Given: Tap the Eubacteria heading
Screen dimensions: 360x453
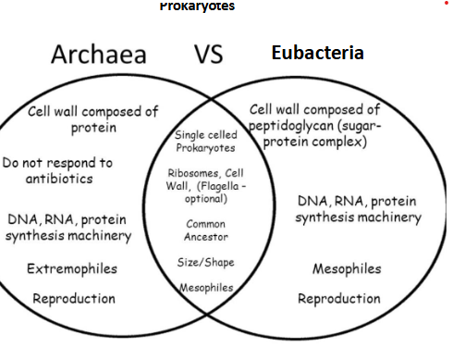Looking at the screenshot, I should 317,53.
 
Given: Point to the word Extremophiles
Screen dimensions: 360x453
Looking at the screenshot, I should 71,268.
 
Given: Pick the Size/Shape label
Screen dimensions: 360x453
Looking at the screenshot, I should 205,262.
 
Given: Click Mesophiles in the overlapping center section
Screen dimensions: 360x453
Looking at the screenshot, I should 205,287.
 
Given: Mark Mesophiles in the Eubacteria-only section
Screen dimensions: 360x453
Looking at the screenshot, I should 347,268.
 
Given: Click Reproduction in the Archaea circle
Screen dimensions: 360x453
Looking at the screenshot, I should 74,299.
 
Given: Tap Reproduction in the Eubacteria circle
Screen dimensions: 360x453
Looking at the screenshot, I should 338,299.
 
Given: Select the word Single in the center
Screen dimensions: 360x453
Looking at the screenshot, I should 191,136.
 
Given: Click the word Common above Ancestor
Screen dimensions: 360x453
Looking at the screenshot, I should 205,224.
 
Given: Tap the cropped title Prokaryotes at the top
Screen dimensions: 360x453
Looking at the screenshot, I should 197,6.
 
